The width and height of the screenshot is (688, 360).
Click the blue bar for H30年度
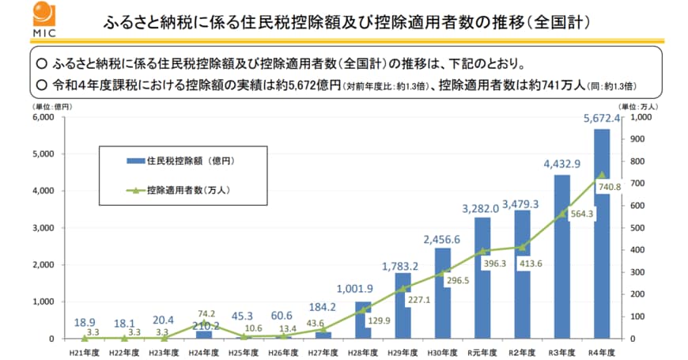443,293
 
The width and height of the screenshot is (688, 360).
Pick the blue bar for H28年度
363,320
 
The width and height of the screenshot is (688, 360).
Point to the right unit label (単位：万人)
637,106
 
